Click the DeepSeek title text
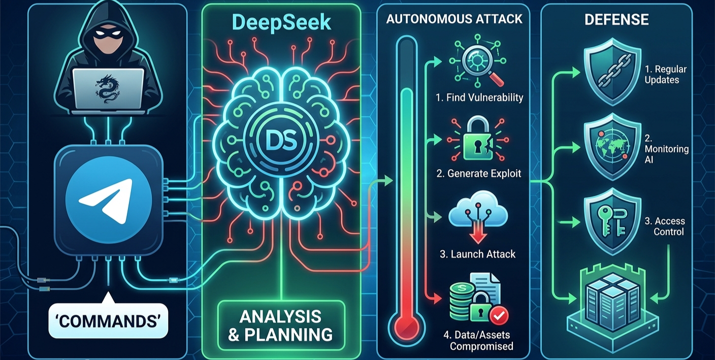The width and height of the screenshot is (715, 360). coord(281,23)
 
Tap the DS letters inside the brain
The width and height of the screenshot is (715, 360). coord(281,141)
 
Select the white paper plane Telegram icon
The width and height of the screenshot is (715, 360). coord(107,201)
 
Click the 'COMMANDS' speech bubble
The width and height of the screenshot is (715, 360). coord(108,320)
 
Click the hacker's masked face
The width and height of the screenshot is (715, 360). coord(108,41)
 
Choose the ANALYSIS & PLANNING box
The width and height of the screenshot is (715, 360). coord(281,325)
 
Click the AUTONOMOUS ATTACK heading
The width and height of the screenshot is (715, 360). coord(454,19)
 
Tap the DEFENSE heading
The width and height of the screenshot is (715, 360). coord(616,19)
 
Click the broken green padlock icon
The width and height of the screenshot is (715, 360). coord(478,139)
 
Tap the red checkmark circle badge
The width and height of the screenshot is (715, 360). coord(499,316)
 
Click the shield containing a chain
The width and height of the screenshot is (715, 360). coord(612,72)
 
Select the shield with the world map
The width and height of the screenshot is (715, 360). coord(612,147)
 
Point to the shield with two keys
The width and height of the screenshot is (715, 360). coord(612,221)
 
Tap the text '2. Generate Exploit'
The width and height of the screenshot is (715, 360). coord(478,173)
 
